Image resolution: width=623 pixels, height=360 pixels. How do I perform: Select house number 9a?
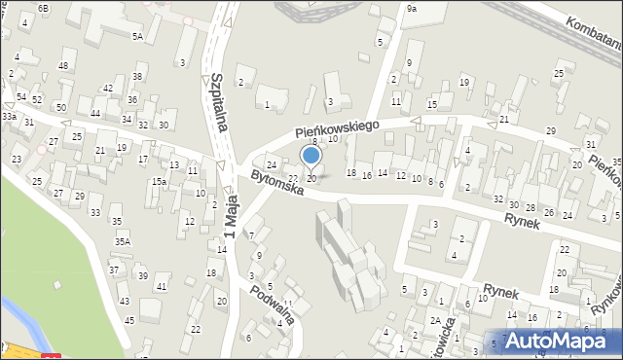412,8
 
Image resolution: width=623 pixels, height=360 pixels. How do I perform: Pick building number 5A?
137,36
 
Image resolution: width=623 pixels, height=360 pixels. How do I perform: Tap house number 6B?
42,8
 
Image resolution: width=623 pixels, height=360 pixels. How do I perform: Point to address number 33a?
9,116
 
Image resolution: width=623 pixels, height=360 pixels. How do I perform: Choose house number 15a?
158,182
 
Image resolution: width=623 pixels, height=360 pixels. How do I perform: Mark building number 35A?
122,241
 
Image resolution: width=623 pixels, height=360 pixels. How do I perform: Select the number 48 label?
63,65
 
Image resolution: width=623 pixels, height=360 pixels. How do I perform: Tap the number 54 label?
21,97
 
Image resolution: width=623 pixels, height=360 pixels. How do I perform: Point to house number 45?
128,319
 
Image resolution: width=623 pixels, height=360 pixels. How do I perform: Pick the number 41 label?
162,286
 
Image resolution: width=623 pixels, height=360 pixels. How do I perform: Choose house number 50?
60,107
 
